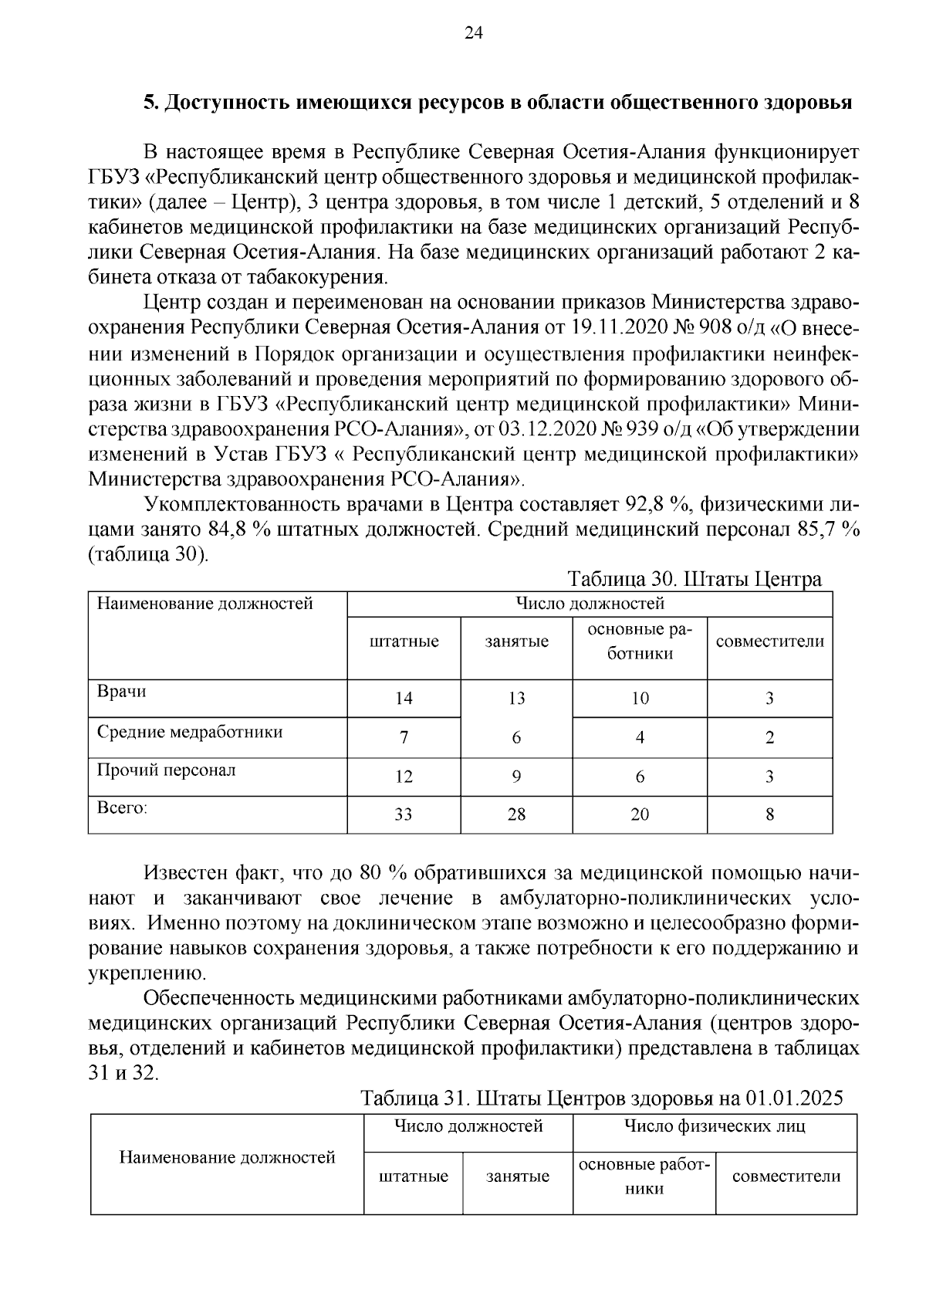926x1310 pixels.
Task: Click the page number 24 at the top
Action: click(473, 33)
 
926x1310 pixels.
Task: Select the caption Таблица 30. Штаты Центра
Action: click(694, 579)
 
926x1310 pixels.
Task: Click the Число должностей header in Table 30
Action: click(590, 604)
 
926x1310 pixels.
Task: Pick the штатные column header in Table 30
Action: click(404, 641)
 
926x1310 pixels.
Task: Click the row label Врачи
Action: click(121, 692)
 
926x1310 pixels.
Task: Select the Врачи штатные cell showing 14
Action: click(404, 699)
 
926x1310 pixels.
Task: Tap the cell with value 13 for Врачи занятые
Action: click(516, 699)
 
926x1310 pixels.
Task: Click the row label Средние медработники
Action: click(190, 732)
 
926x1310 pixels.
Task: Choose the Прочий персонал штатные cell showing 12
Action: click(404, 777)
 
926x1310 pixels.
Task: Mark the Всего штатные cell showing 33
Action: click(404, 814)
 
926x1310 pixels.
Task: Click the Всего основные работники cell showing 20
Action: click(640, 814)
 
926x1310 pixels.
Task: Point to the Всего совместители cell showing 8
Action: click(769, 814)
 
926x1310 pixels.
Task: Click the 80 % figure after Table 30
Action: click(383, 874)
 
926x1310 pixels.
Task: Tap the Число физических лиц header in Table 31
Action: click(714, 1126)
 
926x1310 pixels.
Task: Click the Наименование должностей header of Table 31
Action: click(227, 1157)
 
